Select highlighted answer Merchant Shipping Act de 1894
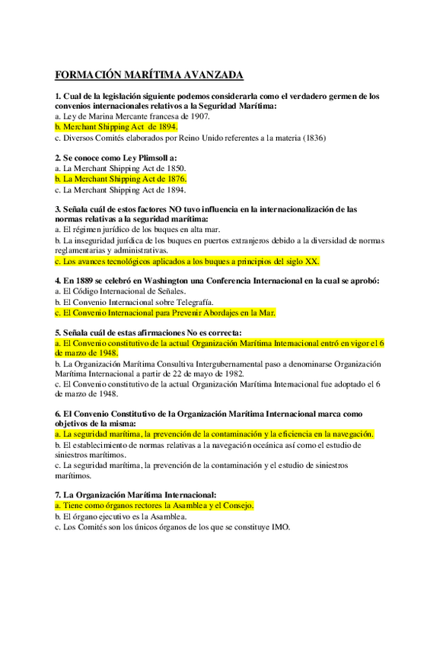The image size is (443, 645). click(x=116, y=127)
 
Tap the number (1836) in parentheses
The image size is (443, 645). click(x=314, y=138)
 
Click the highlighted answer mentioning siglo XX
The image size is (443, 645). click(x=187, y=261)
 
